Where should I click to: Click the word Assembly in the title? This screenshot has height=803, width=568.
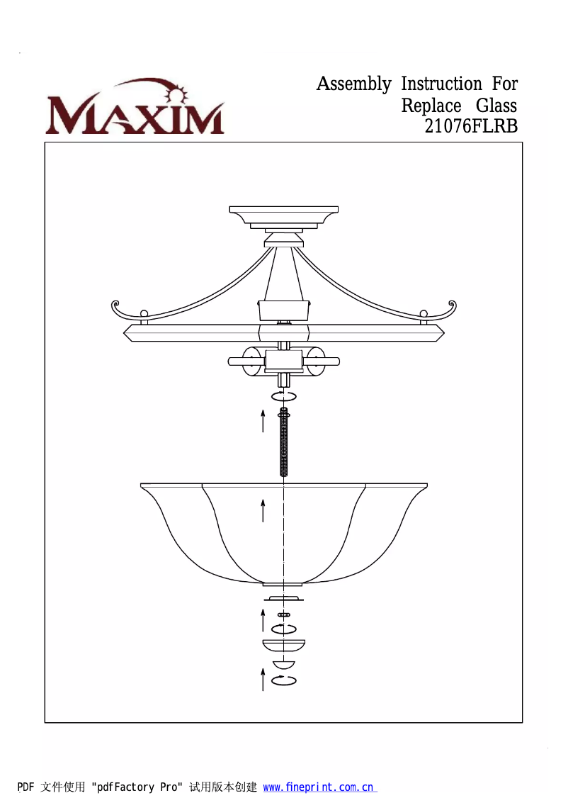[x=353, y=84]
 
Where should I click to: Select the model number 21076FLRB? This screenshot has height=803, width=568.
[x=471, y=127]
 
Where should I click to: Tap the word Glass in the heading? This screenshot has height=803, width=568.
[x=496, y=106]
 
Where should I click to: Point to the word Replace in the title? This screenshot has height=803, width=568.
[x=431, y=106]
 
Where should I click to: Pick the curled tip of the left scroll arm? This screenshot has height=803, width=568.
[x=115, y=307]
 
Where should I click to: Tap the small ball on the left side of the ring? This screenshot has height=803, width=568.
[x=144, y=314]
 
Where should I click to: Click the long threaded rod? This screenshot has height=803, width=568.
[x=284, y=443]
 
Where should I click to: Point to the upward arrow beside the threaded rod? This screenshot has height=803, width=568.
[x=263, y=420]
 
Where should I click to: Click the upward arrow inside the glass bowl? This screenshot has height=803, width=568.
[x=263, y=510]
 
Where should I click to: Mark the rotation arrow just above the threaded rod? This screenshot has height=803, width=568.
[x=284, y=395]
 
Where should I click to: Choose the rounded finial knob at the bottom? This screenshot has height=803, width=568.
[x=283, y=666]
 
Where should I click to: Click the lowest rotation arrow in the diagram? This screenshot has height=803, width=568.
[x=284, y=681]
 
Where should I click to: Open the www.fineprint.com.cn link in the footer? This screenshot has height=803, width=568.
[x=318, y=787]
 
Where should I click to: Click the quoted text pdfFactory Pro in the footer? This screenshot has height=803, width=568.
[x=137, y=787]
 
